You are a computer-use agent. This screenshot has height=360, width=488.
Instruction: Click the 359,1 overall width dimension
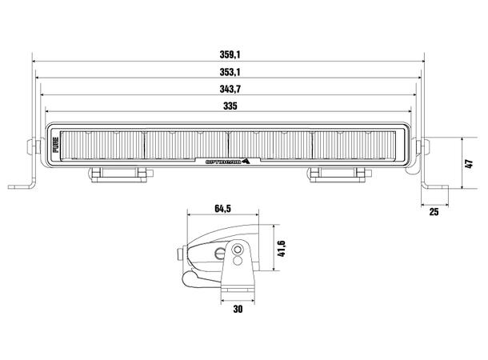[x=229, y=54]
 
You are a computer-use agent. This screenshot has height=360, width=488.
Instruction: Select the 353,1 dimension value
[x=229, y=71]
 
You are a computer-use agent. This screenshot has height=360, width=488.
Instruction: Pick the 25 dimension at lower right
[x=433, y=212]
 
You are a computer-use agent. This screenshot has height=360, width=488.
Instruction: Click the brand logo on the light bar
[x=227, y=158]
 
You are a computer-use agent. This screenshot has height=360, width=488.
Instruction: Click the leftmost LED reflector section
[x=102, y=146]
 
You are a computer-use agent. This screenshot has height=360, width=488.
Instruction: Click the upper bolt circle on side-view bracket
[x=237, y=250]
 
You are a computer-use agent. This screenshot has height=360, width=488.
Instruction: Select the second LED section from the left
[x=186, y=146]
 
